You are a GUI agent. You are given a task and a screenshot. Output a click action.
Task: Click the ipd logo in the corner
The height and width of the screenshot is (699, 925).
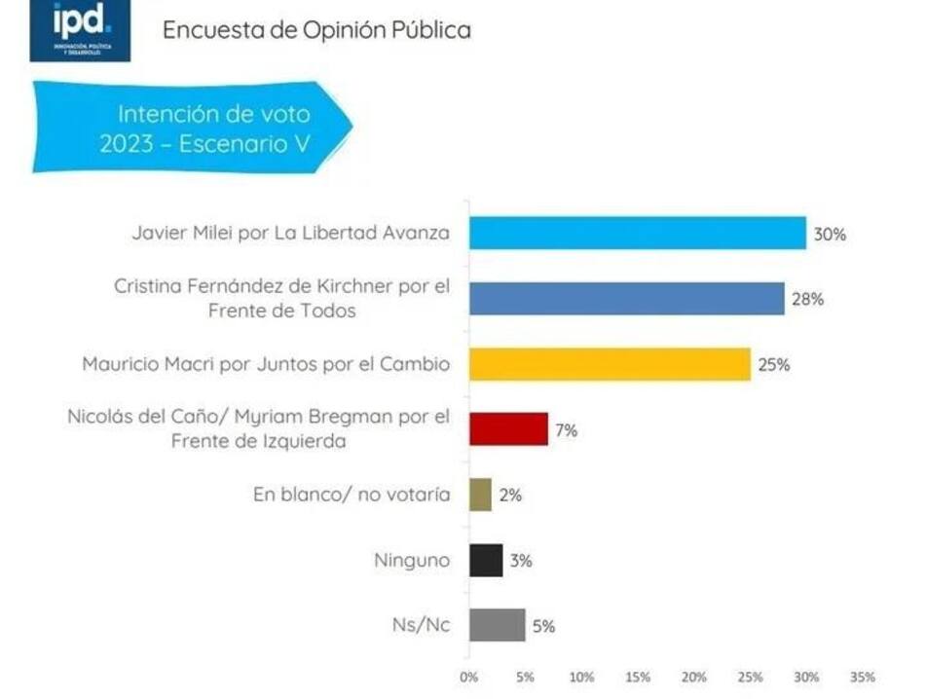point(79,30)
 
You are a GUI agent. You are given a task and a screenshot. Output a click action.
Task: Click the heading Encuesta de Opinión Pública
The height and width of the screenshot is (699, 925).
point(316,30)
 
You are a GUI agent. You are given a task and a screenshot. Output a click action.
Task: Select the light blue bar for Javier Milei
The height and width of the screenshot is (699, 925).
point(637,233)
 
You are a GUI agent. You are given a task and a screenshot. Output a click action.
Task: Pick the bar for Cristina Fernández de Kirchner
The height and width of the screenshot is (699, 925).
point(626,299)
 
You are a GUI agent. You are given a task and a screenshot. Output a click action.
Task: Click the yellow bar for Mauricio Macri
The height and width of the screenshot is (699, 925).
point(610,364)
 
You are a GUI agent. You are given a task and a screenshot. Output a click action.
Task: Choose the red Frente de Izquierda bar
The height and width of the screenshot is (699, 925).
point(508,428)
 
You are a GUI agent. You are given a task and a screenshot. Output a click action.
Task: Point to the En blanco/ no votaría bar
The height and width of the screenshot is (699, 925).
point(480,495)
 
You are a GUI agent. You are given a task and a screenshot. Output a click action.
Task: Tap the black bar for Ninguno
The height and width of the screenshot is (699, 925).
point(486,561)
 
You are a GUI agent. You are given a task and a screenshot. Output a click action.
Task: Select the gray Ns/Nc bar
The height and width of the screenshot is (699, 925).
point(497,625)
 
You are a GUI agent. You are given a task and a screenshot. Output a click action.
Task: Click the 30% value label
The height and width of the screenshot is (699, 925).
point(830,234)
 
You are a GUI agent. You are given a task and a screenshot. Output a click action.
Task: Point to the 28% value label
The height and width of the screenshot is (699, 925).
point(808,299)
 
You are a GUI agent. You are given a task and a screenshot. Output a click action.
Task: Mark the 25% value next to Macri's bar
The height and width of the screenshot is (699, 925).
point(774,365)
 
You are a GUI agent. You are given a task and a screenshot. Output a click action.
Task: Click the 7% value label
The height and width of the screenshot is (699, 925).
point(566,429)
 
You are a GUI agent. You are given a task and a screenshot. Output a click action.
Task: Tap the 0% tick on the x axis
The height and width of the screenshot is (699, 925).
point(468,677)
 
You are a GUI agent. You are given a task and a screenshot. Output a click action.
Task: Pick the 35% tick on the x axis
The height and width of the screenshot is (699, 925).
point(862,677)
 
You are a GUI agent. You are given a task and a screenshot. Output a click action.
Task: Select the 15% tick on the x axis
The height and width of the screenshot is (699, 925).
point(637,677)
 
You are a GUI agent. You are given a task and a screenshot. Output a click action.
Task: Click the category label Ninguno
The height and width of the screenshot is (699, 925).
point(412,561)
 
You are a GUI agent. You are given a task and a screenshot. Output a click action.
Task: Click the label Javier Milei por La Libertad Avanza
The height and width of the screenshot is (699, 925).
point(291,233)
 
